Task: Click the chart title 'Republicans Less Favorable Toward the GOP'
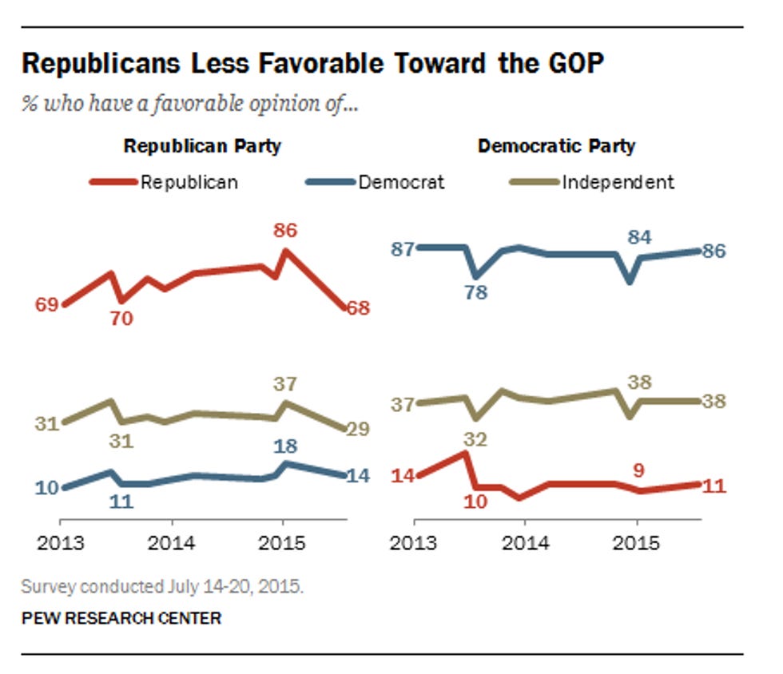312,64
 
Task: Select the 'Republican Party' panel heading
201,147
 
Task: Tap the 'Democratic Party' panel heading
556,146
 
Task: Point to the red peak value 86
285,231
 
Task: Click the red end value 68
357,308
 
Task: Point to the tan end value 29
357,429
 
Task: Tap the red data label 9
639,471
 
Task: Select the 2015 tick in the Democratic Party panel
636,544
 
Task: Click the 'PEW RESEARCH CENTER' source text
121,618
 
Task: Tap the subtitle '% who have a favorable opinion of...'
190,105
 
